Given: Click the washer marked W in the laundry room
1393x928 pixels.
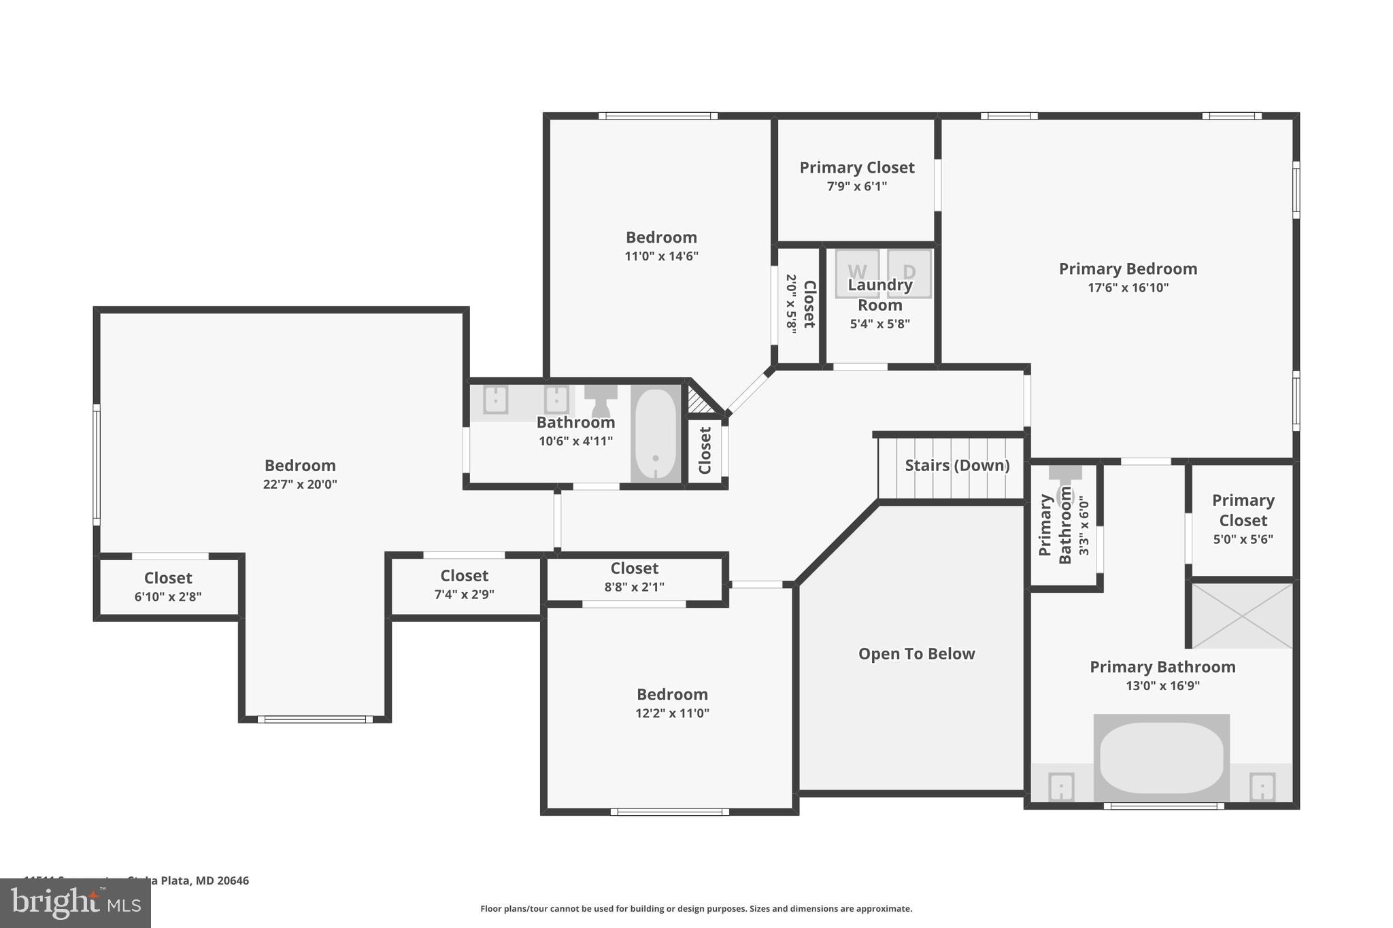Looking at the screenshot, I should (857, 272).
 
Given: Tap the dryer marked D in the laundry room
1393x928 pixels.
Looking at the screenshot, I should (909, 272).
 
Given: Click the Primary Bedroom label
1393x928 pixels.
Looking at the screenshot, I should (1128, 269).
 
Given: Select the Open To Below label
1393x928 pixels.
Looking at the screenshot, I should (916, 653).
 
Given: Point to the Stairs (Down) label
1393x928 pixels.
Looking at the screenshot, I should (957, 465).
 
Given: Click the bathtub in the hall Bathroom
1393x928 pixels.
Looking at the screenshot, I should (656, 434).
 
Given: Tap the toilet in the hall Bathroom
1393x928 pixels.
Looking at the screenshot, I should (601, 400).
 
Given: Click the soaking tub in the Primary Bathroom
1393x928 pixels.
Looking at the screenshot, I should (1161, 757).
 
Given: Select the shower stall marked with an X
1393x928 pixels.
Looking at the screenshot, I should (1242, 615).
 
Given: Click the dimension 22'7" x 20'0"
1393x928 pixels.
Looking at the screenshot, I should (300, 484).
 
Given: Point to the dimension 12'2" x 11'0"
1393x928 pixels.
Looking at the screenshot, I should (672, 713).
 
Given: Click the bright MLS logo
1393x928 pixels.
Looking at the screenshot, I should (75, 903).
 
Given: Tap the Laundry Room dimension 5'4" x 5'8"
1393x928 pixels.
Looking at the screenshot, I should (879, 324).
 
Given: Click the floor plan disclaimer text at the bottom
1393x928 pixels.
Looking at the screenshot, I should (696, 908).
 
